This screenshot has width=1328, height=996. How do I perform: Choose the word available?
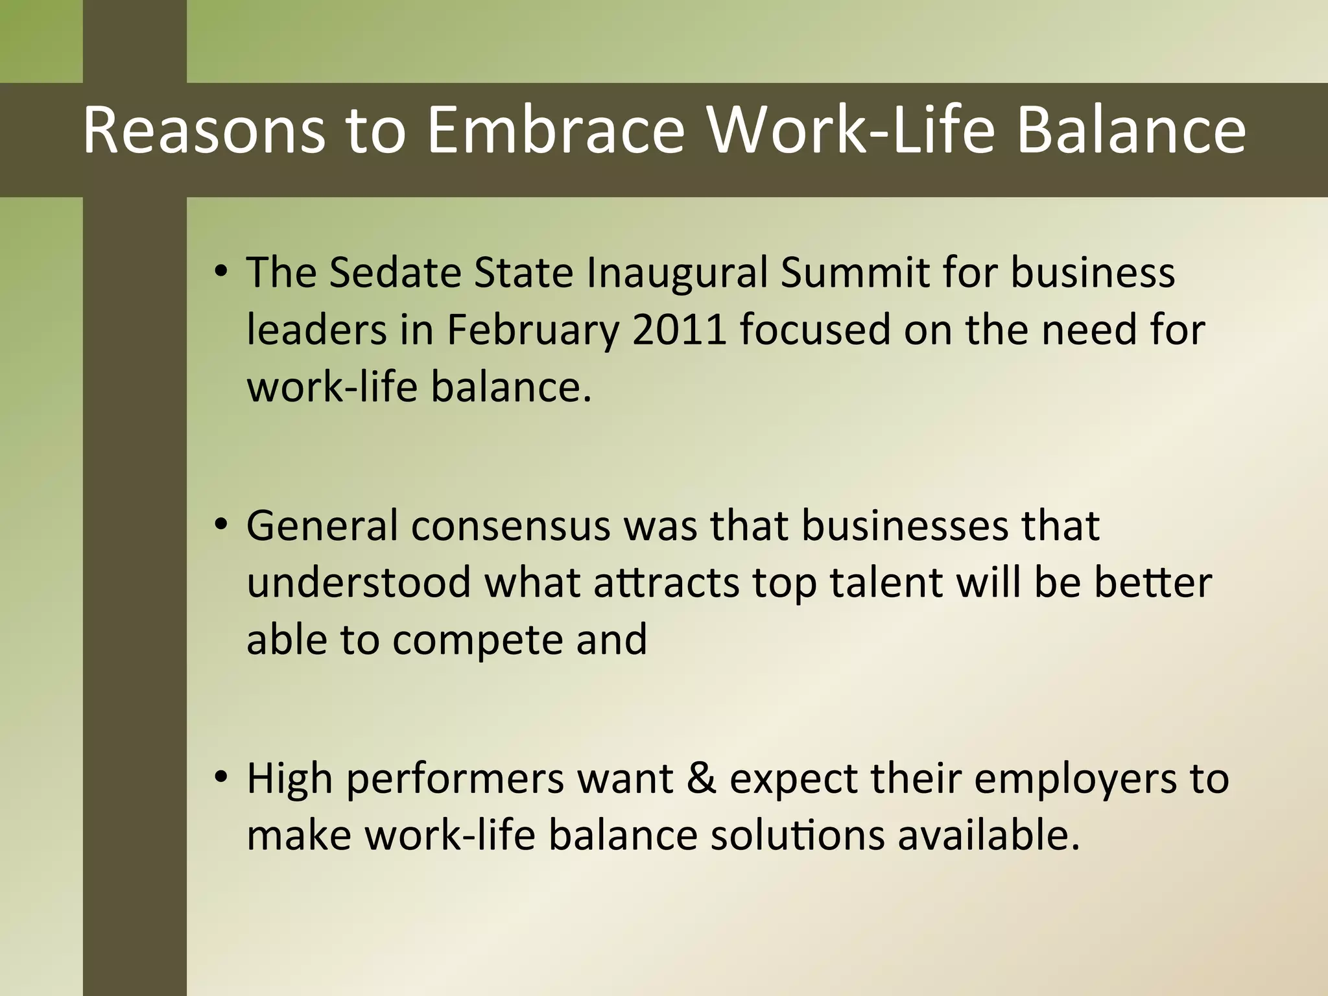click(988, 835)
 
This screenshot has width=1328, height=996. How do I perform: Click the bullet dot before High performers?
click(221, 777)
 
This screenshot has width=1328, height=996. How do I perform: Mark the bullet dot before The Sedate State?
click(221, 271)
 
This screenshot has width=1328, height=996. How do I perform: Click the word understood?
click(359, 582)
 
